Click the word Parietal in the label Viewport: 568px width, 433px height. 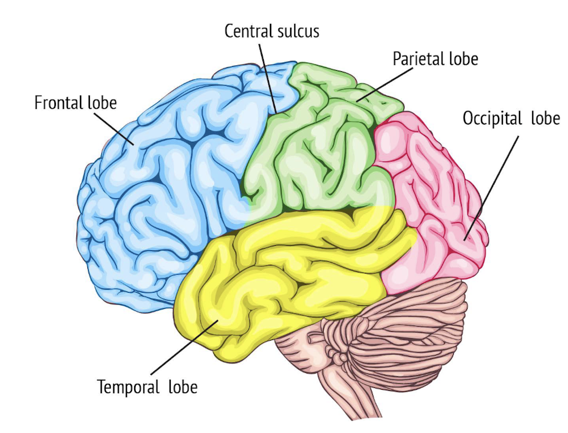(418, 59)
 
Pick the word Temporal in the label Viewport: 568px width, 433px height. (129, 387)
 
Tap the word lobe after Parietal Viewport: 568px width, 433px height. (463, 59)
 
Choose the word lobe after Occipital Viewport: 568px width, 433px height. (545, 119)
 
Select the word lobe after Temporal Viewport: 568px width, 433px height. (182, 387)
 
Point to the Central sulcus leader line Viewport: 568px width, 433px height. (267, 76)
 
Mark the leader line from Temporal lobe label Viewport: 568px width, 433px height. (183, 348)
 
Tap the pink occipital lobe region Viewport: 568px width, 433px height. (432, 203)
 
